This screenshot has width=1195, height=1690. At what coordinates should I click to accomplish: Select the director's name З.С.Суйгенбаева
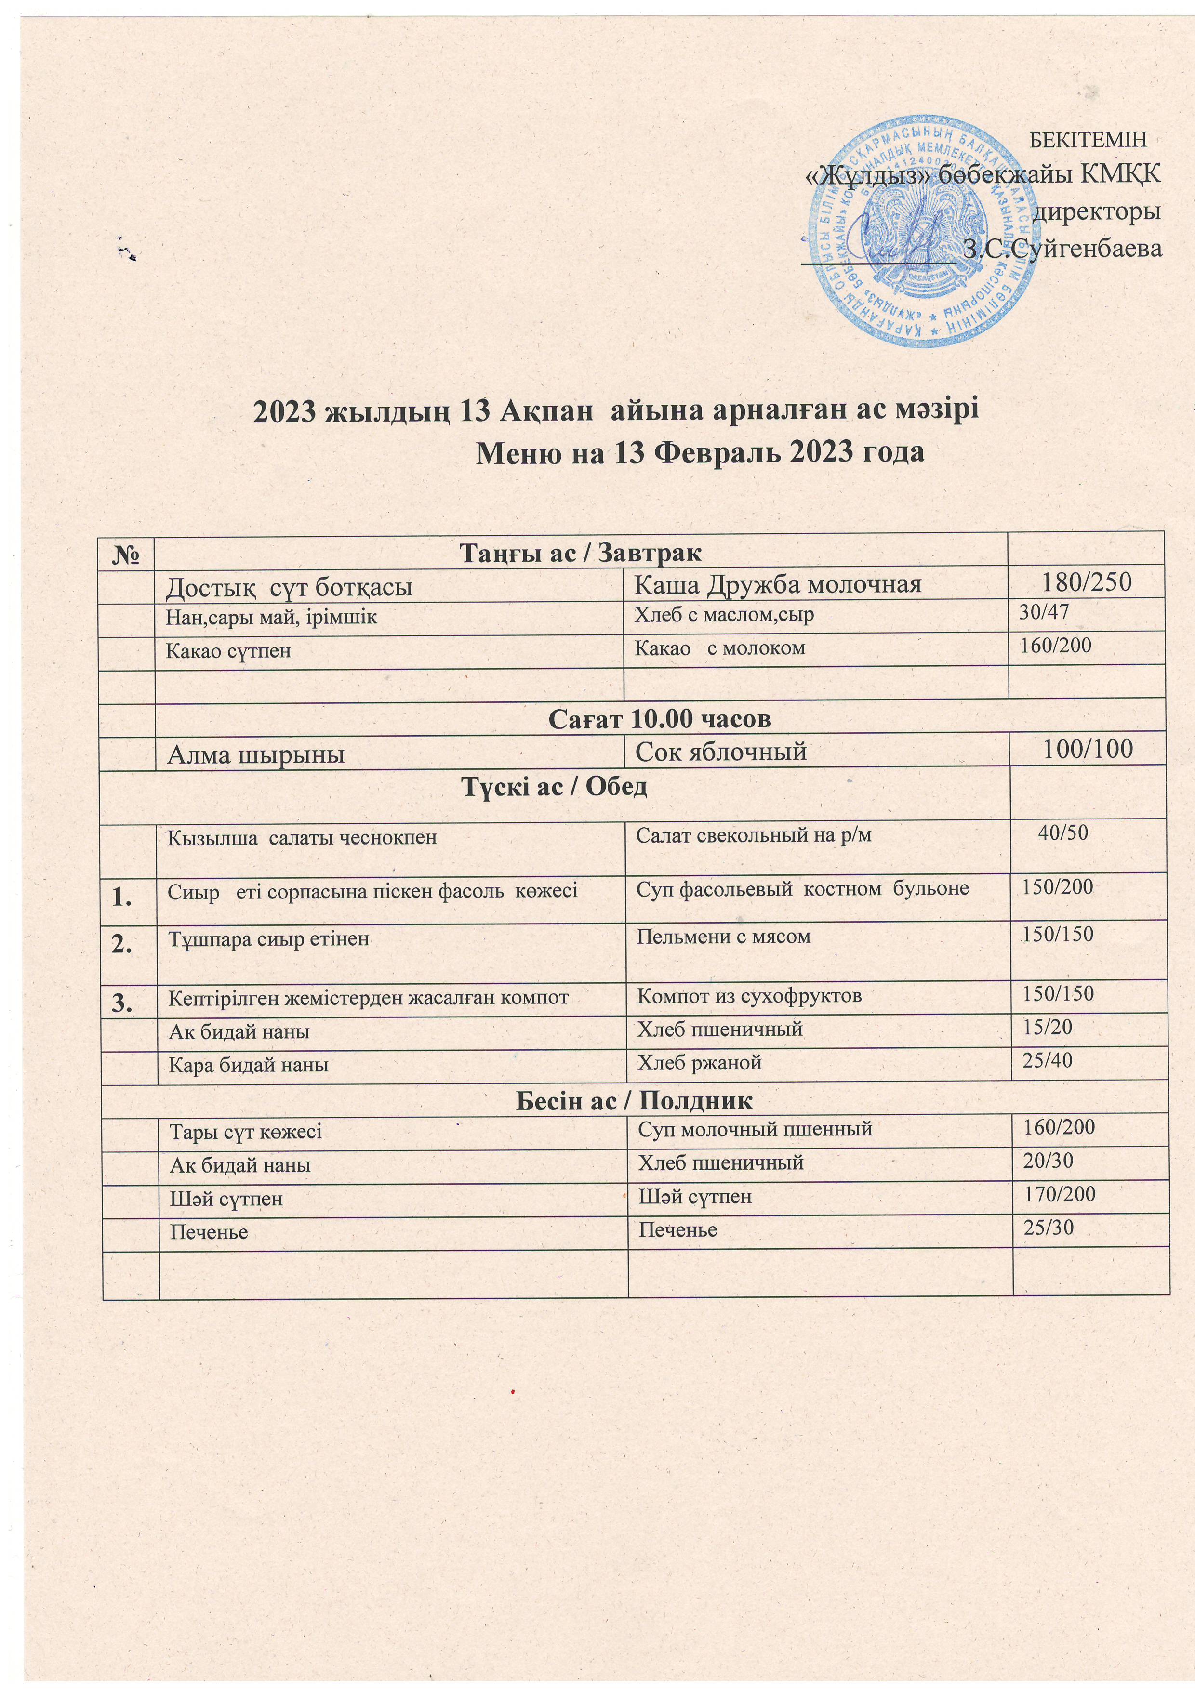coord(1062,249)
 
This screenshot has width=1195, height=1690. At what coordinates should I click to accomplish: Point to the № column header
coord(127,552)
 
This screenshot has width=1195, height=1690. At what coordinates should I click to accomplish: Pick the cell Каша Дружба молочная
coord(778,584)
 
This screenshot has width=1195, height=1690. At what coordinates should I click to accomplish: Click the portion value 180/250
coord(1086,582)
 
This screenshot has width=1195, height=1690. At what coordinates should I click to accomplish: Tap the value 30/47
coord(1043,612)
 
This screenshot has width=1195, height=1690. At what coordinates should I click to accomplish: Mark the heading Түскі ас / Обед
coord(554,786)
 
